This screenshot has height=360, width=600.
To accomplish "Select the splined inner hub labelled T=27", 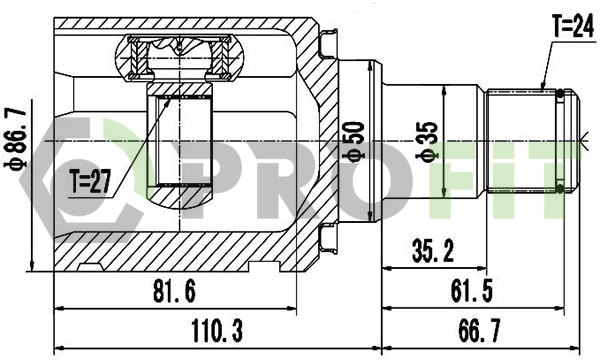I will (182, 140).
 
